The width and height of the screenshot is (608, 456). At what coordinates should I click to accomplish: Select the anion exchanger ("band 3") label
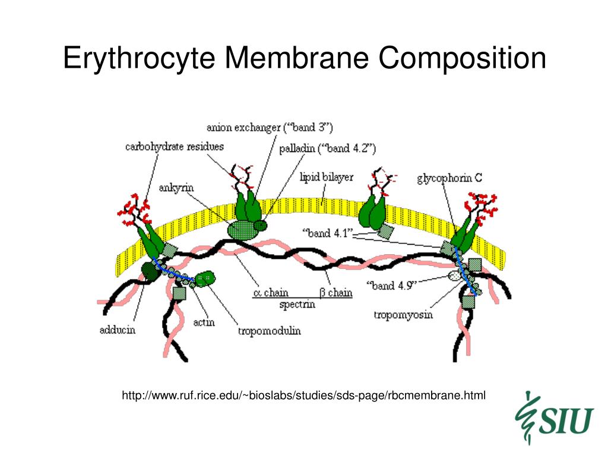click(x=270, y=127)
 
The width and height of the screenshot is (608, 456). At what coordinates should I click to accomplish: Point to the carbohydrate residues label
click(x=174, y=145)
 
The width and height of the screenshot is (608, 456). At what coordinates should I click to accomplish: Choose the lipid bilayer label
click(x=327, y=177)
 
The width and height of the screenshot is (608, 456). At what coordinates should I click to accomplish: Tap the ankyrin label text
click(x=176, y=188)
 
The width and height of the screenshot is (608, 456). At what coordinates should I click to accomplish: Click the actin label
click(x=204, y=322)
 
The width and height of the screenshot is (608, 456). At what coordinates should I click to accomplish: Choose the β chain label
click(x=336, y=292)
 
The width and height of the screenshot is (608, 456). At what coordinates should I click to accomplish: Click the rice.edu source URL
click(x=303, y=394)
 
